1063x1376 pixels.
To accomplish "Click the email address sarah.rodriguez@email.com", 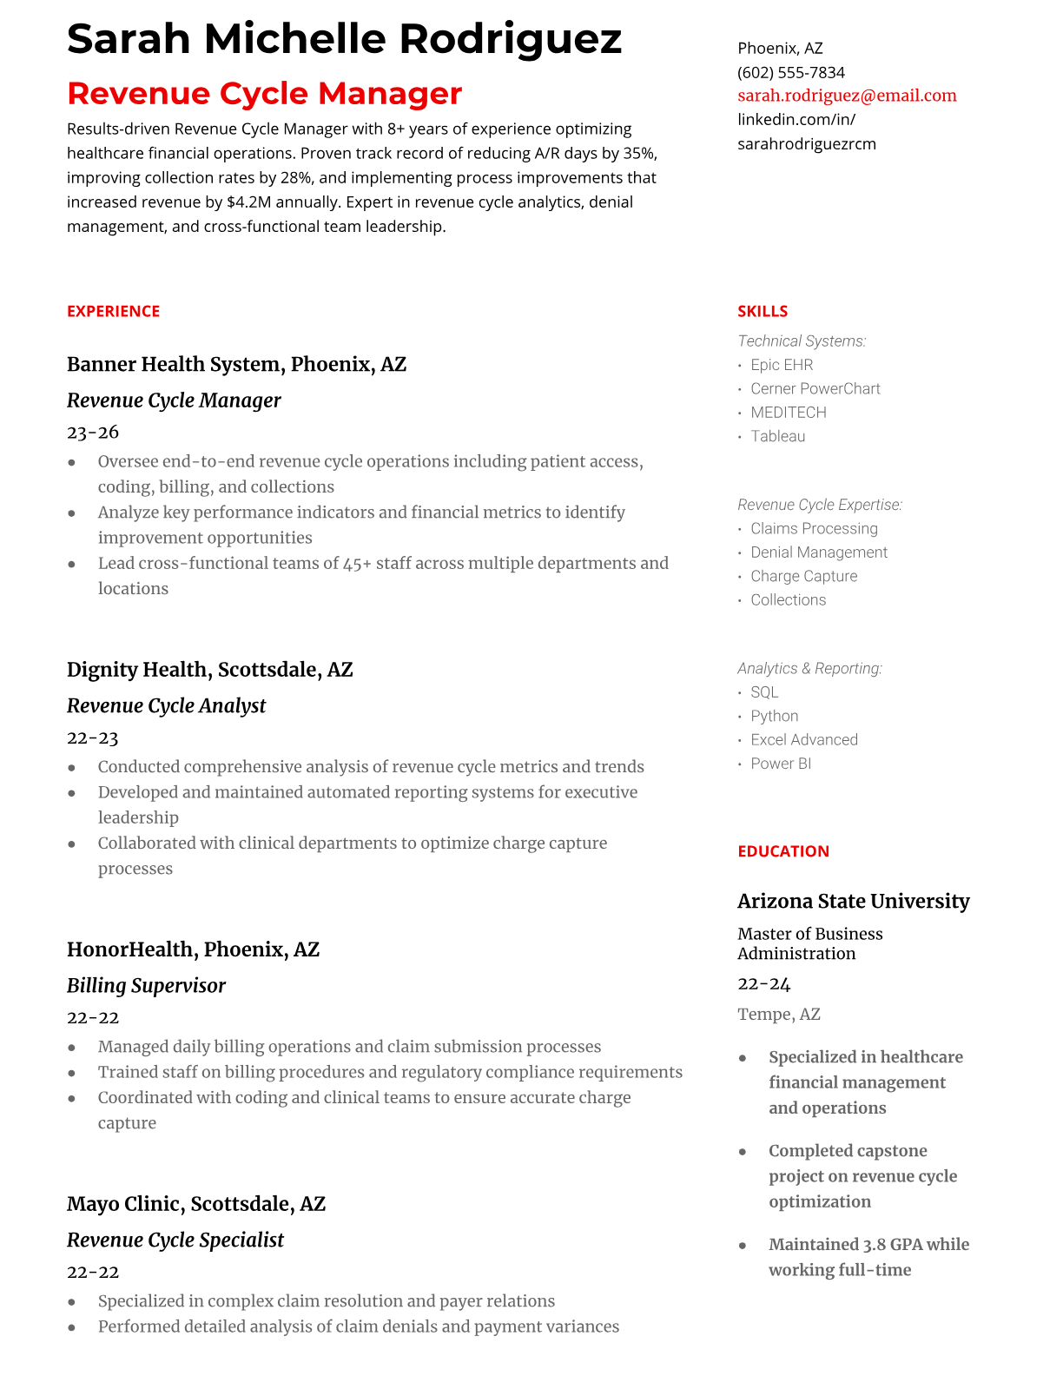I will (847, 96).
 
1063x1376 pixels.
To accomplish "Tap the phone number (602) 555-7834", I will (791, 72).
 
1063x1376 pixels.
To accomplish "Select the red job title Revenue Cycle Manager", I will (264, 93).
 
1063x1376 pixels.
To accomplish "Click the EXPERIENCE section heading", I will (114, 311).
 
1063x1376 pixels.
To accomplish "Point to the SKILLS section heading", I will (763, 311).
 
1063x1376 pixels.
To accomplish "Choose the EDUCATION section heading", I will (783, 851).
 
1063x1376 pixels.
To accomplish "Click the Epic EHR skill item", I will (782, 365).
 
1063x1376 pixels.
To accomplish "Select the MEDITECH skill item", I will (789, 413).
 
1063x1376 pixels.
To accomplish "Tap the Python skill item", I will (775, 716).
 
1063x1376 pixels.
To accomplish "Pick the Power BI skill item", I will (781, 764).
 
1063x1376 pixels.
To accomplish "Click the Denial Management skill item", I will (819, 552).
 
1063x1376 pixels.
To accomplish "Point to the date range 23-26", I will (93, 432).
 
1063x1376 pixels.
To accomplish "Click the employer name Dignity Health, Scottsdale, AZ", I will (210, 670).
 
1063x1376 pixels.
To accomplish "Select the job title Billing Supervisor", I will (146, 986).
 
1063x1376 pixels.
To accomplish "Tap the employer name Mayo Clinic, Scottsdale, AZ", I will (196, 1204).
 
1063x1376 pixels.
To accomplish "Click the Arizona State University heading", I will (854, 901).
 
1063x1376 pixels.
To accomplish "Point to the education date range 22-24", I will (764, 983).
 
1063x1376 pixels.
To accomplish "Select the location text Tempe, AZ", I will (779, 1014).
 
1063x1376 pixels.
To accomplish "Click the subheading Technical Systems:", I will (802, 341).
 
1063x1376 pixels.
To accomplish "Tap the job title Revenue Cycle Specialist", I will (175, 1240).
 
